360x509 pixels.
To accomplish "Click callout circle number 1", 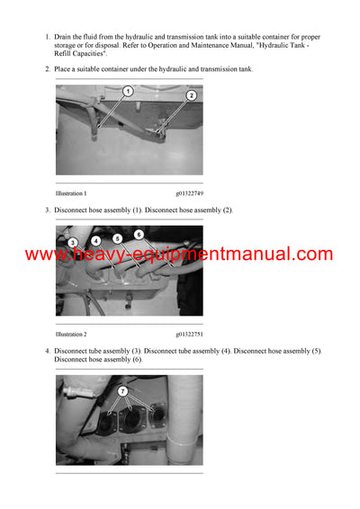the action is click(x=128, y=91).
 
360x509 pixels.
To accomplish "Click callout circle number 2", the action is click(x=192, y=95).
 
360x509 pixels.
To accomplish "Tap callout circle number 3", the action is click(x=73, y=243).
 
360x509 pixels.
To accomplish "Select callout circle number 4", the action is click(x=95, y=241).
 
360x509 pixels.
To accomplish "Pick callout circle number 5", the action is click(x=118, y=239).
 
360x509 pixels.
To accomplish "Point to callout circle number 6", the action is click(x=139, y=235).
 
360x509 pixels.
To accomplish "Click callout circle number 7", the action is click(x=122, y=391).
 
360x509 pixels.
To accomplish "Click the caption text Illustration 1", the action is click(x=71, y=193).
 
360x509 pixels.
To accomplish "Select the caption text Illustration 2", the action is click(x=71, y=335).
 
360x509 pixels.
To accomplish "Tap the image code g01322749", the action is click(x=189, y=193).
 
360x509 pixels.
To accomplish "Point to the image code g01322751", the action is click(x=189, y=335).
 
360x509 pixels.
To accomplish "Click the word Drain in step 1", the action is click(x=61, y=37).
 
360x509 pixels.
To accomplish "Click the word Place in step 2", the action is click(x=62, y=69).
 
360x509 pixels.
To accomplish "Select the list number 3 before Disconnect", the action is click(x=48, y=210).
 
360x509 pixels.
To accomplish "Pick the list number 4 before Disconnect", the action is click(x=48, y=352).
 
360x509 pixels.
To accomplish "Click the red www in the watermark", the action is click(x=44, y=255).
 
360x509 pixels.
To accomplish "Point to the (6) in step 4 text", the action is click(x=138, y=360).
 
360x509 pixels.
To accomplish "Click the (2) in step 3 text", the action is click(x=227, y=210).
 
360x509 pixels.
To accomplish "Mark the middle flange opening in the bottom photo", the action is click(x=131, y=421).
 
